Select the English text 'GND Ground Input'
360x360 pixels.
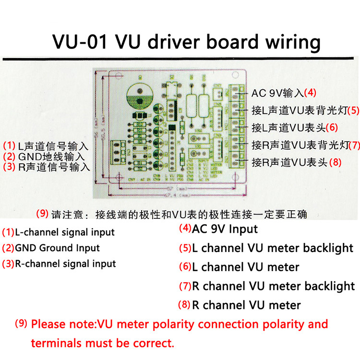[58, 248]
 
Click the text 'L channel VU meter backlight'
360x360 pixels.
[273, 248]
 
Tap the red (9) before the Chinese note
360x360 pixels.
[43, 213]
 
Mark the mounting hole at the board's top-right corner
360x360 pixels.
[236, 76]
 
